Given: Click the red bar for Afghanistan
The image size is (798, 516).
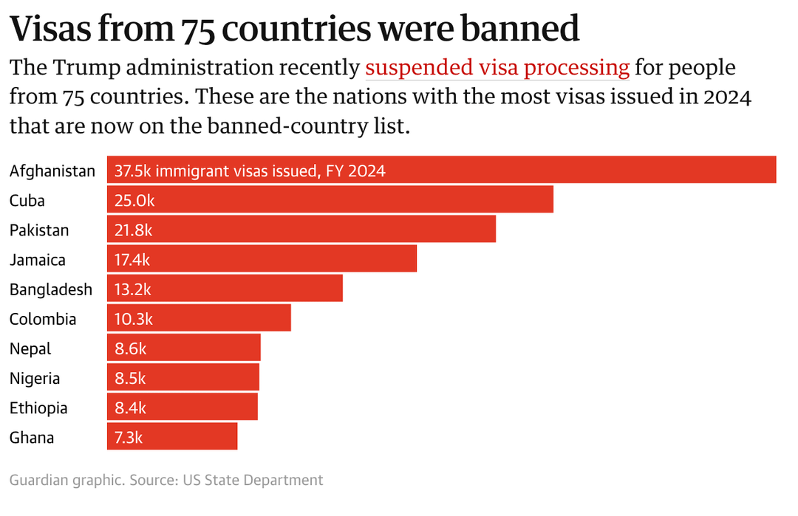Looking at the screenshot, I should pyautogui.click(x=517, y=170).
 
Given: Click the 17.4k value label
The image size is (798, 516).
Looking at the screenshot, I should pyautogui.click(x=133, y=259).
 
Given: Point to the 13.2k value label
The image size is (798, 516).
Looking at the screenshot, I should pyautogui.click(x=133, y=289).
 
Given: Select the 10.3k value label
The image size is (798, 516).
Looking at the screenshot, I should pyautogui.click(x=133, y=318).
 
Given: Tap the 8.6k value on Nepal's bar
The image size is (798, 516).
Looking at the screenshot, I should pyautogui.click(x=130, y=348).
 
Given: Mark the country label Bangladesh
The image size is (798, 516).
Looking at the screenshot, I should pyautogui.click(x=51, y=289).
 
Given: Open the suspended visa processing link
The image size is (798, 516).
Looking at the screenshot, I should pyautogui.click(x=497, y=68).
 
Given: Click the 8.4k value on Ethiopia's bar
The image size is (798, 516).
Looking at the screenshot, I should pyautogui.click(x=130, y=407).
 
